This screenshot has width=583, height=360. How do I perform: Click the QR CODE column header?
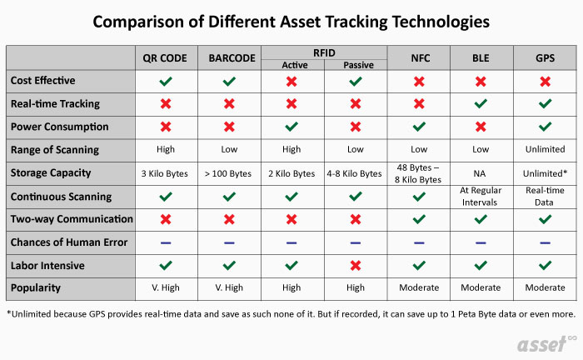[167, 58]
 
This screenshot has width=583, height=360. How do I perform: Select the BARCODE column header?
[230, 58]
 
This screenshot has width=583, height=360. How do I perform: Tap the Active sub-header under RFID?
[292, 64]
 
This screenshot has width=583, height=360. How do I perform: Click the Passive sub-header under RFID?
[356, 64]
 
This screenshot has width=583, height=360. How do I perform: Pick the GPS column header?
[545, 58]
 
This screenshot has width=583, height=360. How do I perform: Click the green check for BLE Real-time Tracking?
[481, 104]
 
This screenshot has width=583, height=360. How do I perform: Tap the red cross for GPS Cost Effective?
[545, 81]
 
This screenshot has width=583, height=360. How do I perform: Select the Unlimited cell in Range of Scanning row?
[545, 150]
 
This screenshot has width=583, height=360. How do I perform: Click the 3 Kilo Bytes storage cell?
[167, 173]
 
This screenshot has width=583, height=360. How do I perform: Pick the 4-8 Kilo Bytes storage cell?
[356, 173]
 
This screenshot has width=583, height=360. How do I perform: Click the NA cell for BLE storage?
[481, 173]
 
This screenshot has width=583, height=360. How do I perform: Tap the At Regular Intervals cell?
[481, 196]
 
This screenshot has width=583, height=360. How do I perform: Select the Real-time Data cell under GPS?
[545, 196]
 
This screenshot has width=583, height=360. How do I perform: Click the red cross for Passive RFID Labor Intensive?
[356, 264]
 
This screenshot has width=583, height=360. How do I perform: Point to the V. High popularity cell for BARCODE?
[230, 287]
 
